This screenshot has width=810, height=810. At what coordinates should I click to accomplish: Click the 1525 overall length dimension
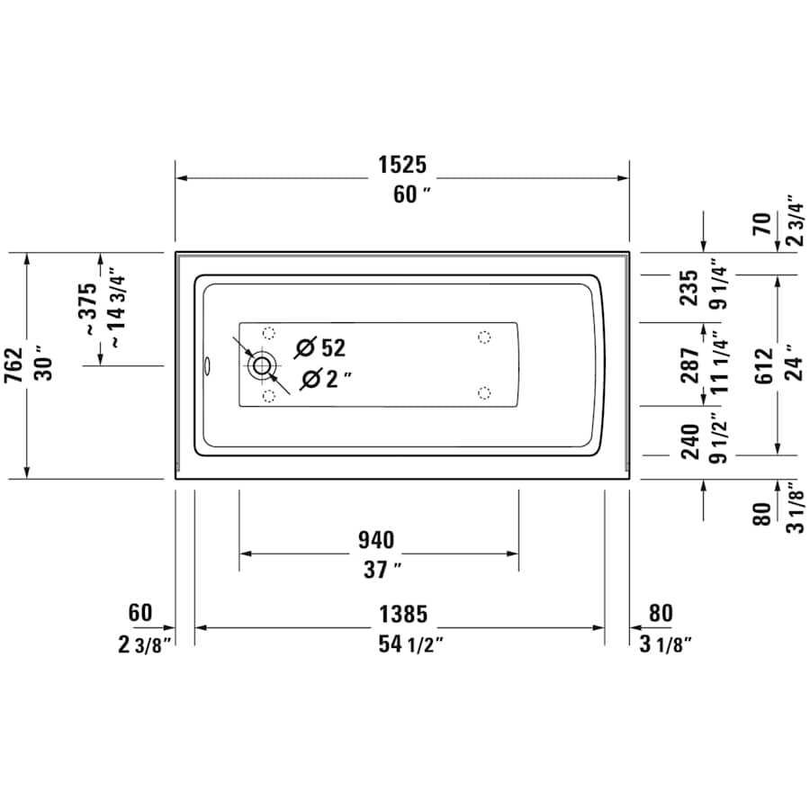[x=401, y=165]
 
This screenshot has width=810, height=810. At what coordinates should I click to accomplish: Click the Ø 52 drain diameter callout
[x=320, y=346]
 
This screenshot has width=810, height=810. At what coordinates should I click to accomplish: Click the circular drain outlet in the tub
[x=262, y=365]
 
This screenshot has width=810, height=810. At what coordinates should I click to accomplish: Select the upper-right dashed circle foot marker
[x=484, y=337]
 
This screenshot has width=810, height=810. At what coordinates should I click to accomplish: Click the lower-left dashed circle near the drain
[x=267, y=395]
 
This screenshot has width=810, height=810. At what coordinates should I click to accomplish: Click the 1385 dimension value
[x=401, y=615]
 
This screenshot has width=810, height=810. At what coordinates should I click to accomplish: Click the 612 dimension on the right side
[x=763, y=365]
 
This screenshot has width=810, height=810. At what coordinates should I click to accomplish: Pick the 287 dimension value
[x=689, y=365]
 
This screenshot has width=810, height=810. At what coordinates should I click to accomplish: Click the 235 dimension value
[x=689, y=287]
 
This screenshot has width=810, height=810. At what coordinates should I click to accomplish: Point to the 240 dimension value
[x=689, y=442]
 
